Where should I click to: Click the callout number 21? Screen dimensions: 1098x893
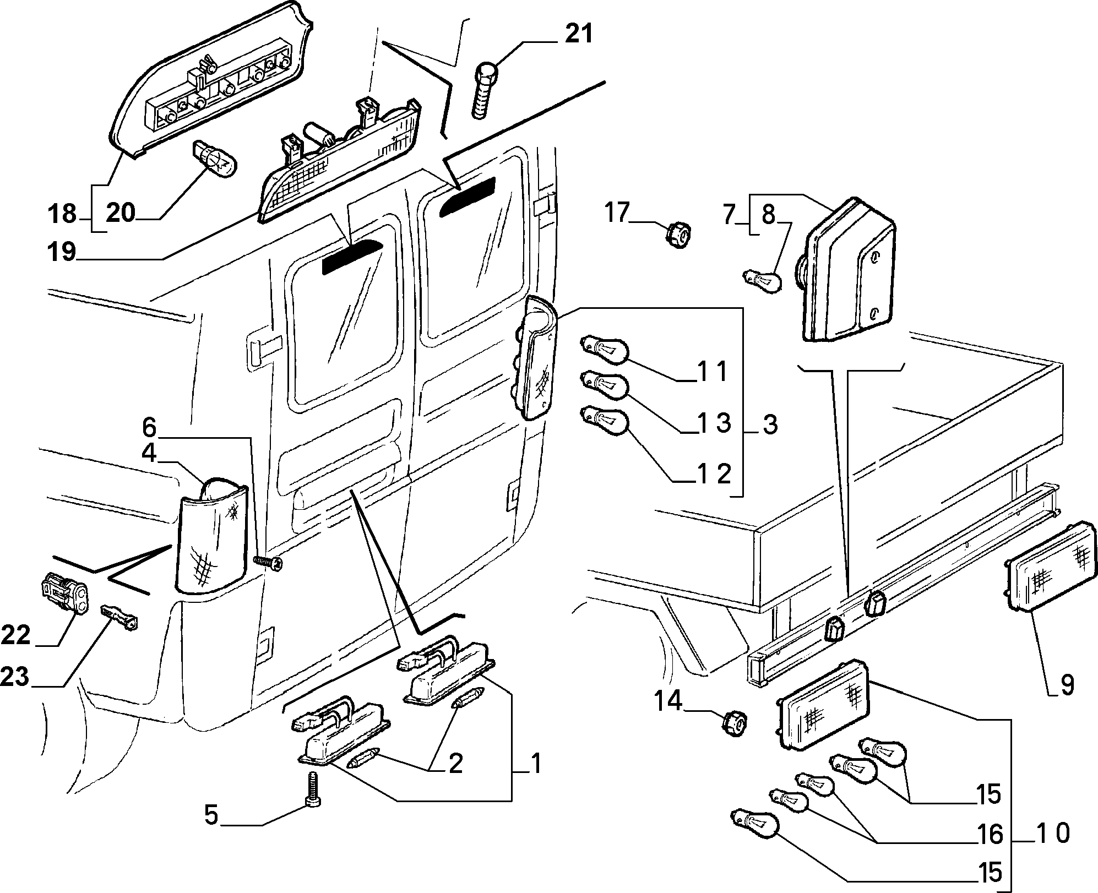coord(578,34)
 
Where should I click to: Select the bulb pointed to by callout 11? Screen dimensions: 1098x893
coord(605,350)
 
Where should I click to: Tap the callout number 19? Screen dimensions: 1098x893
coord(61,253)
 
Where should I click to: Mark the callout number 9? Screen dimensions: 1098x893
coord(1066,685)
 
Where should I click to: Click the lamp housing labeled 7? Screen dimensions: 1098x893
coord(849,270)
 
